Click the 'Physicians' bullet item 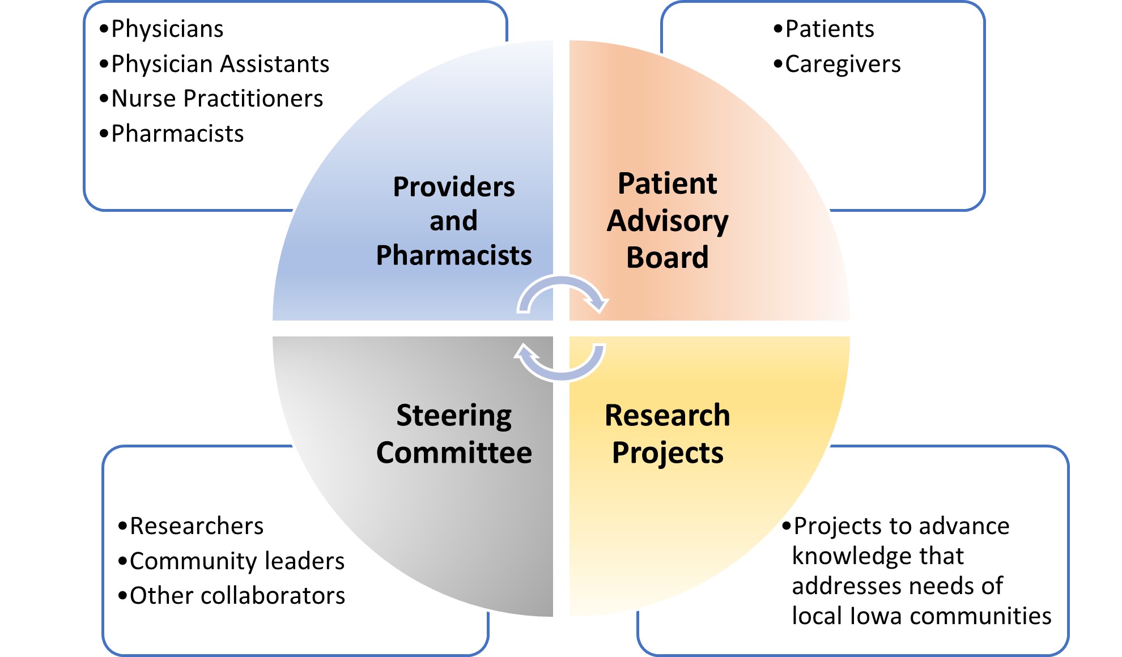pyautogui.click(x=161, y=29)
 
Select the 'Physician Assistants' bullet pyautogui.click(x=214, y=64)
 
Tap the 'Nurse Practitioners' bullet pyautogui.click(x=211, y=99)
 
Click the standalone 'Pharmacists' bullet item pyautogui.click(x=172, y=134)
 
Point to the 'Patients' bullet pyautogui.click(x=824, y=29)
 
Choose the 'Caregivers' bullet pyautogui.click(x=837, y=65)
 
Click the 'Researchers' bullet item pyautogui.click(x=191, y=526)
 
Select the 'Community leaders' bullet pyautogui.click(x=231, y=561)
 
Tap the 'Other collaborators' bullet pyautogui.click(x=232, y=596)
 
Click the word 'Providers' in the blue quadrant pyautogui.click(x=454, y=187)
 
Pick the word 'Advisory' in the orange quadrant pyautogui.click(x=668, y=221)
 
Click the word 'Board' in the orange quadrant pyautogui.click(x=668, y=257)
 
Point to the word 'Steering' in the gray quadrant pyautogui.click(x=454, y=416)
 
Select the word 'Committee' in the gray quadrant pyautogui.click(x=454, y=453)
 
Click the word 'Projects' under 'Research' pyautogui.click(x=668, y=453)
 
